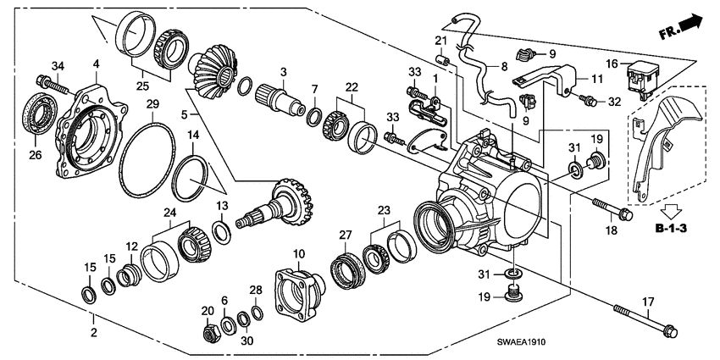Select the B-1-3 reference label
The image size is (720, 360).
[x=671, y=228]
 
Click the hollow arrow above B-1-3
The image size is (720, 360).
[x=670, y=212]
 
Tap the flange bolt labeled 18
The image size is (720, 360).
[x=613, y=208]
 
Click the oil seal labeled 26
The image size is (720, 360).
[x=40, y=113]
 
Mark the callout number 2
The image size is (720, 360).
[x=93, y=333]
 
